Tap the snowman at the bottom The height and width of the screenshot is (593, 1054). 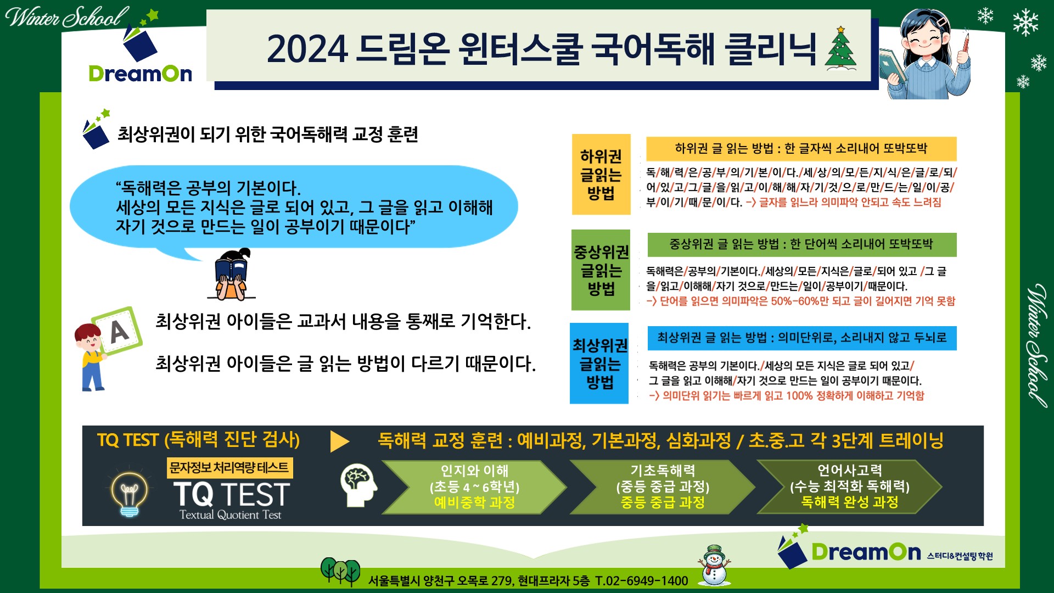(x=714, y=565)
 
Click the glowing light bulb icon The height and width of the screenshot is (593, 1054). (x=129, y=492)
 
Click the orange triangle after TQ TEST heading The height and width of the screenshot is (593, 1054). (x=339, y=441)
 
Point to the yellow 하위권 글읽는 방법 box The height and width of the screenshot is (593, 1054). (x=601, y=174)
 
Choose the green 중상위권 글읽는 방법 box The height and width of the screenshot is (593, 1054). (x=601, y=270)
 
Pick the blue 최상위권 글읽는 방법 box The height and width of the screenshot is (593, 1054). (x=599, y=363)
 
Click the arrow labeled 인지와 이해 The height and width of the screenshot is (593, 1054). (x=474, y=486)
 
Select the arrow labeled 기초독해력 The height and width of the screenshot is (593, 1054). (x=662, y=486)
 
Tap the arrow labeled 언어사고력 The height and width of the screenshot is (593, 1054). (x=849, y=486)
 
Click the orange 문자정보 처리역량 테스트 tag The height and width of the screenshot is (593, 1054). (x=229, y=468)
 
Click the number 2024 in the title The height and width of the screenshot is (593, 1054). (x=307, y=49)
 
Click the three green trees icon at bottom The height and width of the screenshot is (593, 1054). (x=340, y=572)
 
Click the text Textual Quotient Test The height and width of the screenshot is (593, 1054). (x=230, y=515)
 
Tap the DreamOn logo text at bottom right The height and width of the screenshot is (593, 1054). (x=866, y=552)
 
